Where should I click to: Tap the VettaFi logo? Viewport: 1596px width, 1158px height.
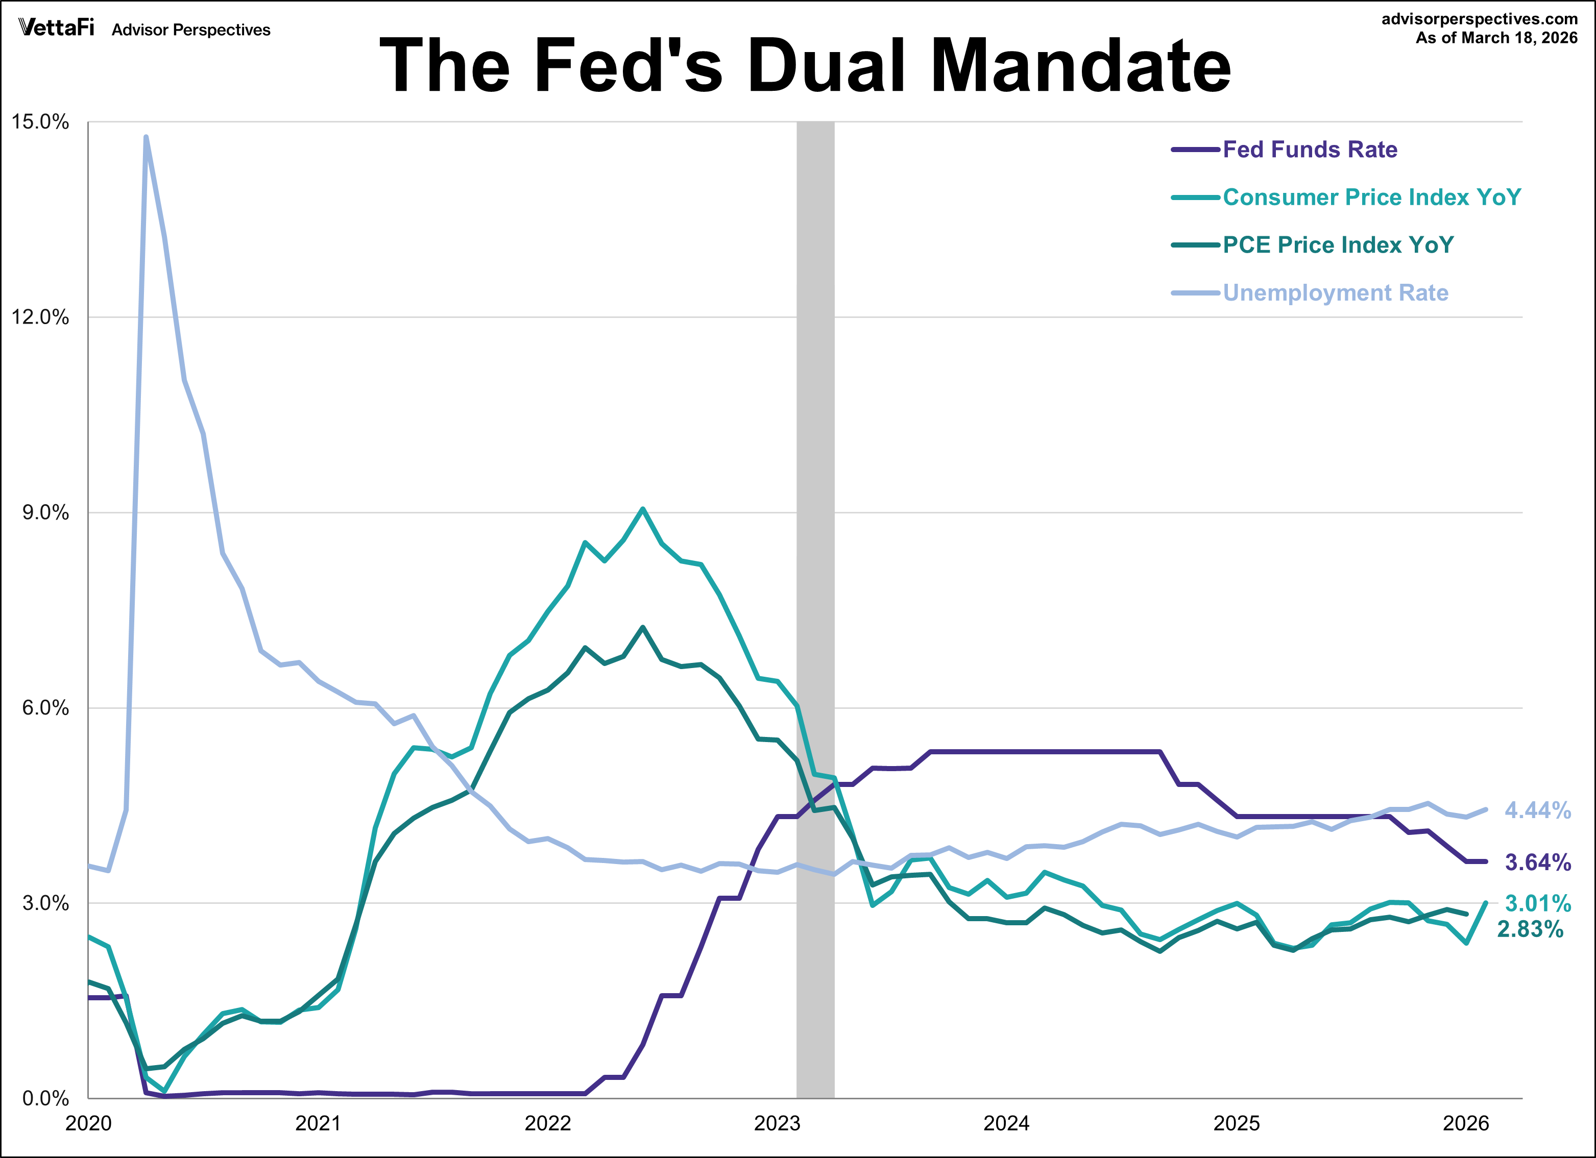click(56, 28)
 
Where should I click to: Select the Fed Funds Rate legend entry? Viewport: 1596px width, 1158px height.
click(1309, 150)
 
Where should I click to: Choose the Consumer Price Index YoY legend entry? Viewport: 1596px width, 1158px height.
click(1371, 198)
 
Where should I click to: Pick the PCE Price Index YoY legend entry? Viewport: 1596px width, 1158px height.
click(1337, 245)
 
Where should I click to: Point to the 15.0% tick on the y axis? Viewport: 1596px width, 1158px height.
click(40, 121)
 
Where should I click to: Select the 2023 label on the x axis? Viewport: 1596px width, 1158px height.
click(777, 1123)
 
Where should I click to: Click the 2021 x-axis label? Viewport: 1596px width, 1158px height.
click(318, 1123)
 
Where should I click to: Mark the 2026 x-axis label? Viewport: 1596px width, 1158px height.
click(1466, 1123)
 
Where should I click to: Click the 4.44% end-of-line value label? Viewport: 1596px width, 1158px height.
click(1537, 810)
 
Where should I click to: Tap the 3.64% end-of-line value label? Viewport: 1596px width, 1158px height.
click(1537, 863)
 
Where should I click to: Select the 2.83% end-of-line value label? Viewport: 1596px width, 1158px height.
click(1530, 930)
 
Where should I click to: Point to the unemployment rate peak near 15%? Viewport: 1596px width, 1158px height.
click(146, 137)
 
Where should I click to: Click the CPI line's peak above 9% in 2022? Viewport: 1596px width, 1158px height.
click(642, 509)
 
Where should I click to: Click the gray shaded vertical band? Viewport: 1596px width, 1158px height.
click(815, 563)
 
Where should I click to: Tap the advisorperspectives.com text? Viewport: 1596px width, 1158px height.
click(1479, 19)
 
